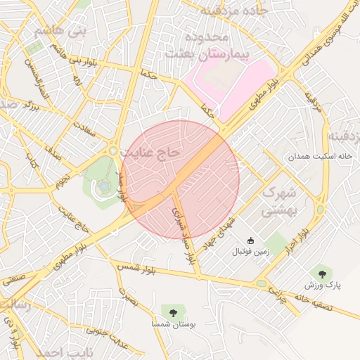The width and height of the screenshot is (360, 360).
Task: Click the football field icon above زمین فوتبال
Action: tap(250, 240)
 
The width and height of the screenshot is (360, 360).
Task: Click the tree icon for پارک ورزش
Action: tap(322, 272)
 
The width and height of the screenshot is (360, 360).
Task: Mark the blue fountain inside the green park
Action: tap(104, 186)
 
